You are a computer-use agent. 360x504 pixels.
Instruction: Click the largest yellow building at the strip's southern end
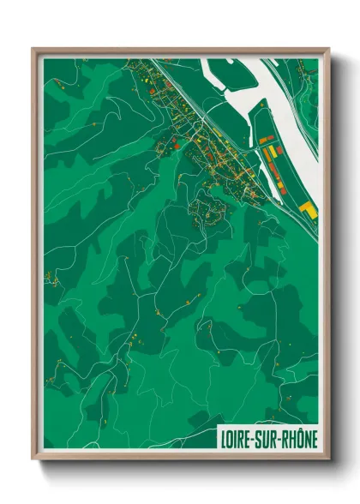point(307,210)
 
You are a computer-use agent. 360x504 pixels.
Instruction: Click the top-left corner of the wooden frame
point(33,49)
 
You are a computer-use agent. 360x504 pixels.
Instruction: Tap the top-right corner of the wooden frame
point(328,49)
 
